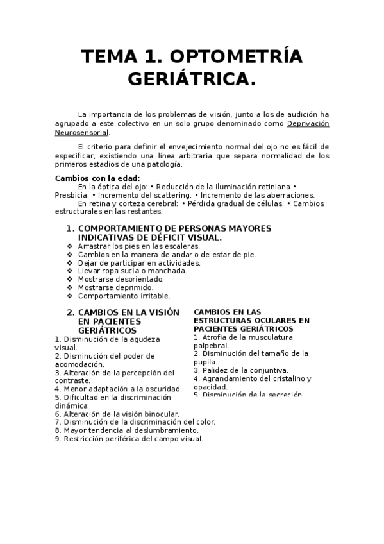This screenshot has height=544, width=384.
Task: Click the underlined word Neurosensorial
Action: [x=81, y=133]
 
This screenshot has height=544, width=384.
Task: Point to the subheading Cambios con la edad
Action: [x=97, y=178]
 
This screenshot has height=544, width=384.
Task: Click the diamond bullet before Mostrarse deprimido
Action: [x=70, y=288]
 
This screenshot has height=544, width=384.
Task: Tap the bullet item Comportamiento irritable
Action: [x=124, y=296]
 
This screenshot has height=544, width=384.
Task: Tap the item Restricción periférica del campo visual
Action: [x=129, y=439]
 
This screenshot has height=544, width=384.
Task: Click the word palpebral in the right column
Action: [x=211, y=345]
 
